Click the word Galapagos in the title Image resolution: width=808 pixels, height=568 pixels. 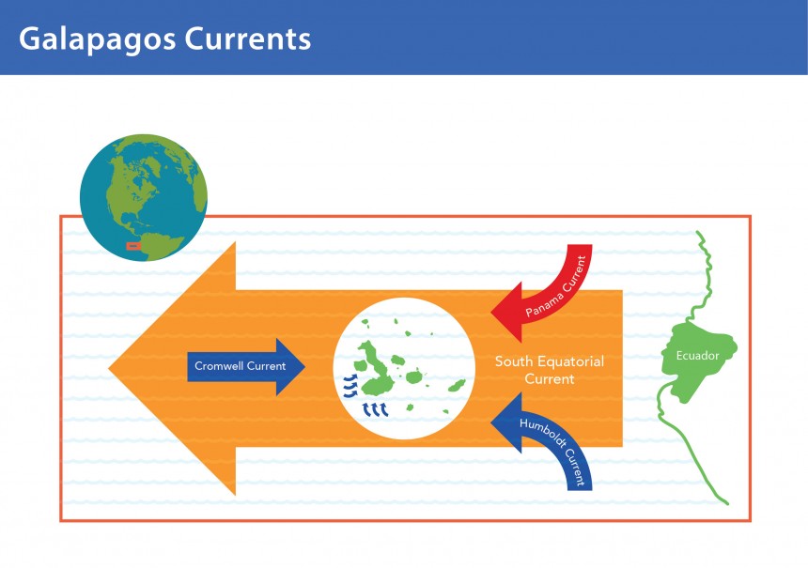click(x=98, y=39)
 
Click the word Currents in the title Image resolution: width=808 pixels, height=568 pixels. click(x=248, y=38)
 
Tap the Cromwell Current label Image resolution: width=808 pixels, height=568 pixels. click(x=241, y=366)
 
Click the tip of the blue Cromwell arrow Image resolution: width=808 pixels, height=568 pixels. click(x=305, y=367)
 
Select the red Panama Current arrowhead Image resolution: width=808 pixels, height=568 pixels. click(x=507, y=312)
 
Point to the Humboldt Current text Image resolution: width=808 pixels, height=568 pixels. click(x=555, y=450)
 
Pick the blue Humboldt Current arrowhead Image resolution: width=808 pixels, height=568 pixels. click(x=507, y=422)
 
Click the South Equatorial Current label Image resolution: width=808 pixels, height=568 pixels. click(x=550, y=370)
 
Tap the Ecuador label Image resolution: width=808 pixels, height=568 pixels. click(x=697, y=356)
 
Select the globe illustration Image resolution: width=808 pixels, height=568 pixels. click(x=144, y=197)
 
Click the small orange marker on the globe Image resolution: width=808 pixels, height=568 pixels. click(x=133, y=246)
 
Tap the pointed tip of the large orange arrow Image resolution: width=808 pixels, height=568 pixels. click(x=109, y=368)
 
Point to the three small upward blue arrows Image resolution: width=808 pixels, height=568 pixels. click(x=375, y=409)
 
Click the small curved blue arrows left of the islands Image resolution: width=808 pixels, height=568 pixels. click(x=350, y=386)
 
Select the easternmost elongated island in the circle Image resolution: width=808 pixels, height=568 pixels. click(x=457, y=385)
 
